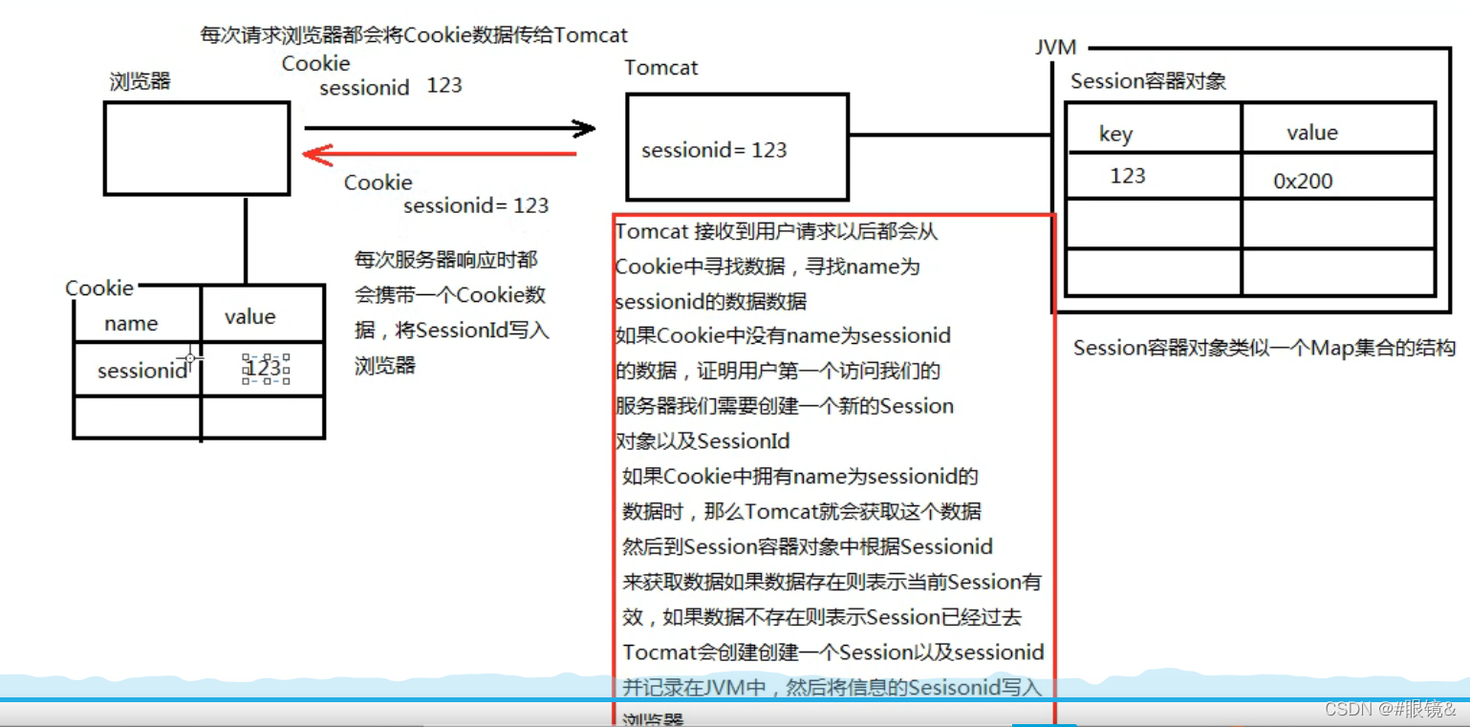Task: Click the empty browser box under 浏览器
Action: [196, 148]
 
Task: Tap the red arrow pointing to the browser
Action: [440, 154]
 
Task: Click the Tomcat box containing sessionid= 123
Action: [736, 146]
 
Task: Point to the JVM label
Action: [1055, 47]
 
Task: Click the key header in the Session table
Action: [1115, 134]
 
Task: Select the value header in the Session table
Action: [1311, 133]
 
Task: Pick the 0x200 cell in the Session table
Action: [1303, 181]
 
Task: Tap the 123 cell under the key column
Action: [1128, 176]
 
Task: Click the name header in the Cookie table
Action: [131, 323]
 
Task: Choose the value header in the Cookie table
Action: [249, 316]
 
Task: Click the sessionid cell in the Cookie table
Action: [142, 371]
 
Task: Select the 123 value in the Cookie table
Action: [264, 369]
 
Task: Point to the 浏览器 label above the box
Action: [140, 81]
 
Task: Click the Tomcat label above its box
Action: [660, 68]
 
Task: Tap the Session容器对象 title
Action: [1148, 81]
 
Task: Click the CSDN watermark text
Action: [1390, 708]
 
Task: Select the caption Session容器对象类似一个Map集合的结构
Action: [1264, 348]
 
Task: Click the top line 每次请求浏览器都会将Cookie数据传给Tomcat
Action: [414, 35]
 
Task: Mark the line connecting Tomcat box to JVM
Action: [951, 135]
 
